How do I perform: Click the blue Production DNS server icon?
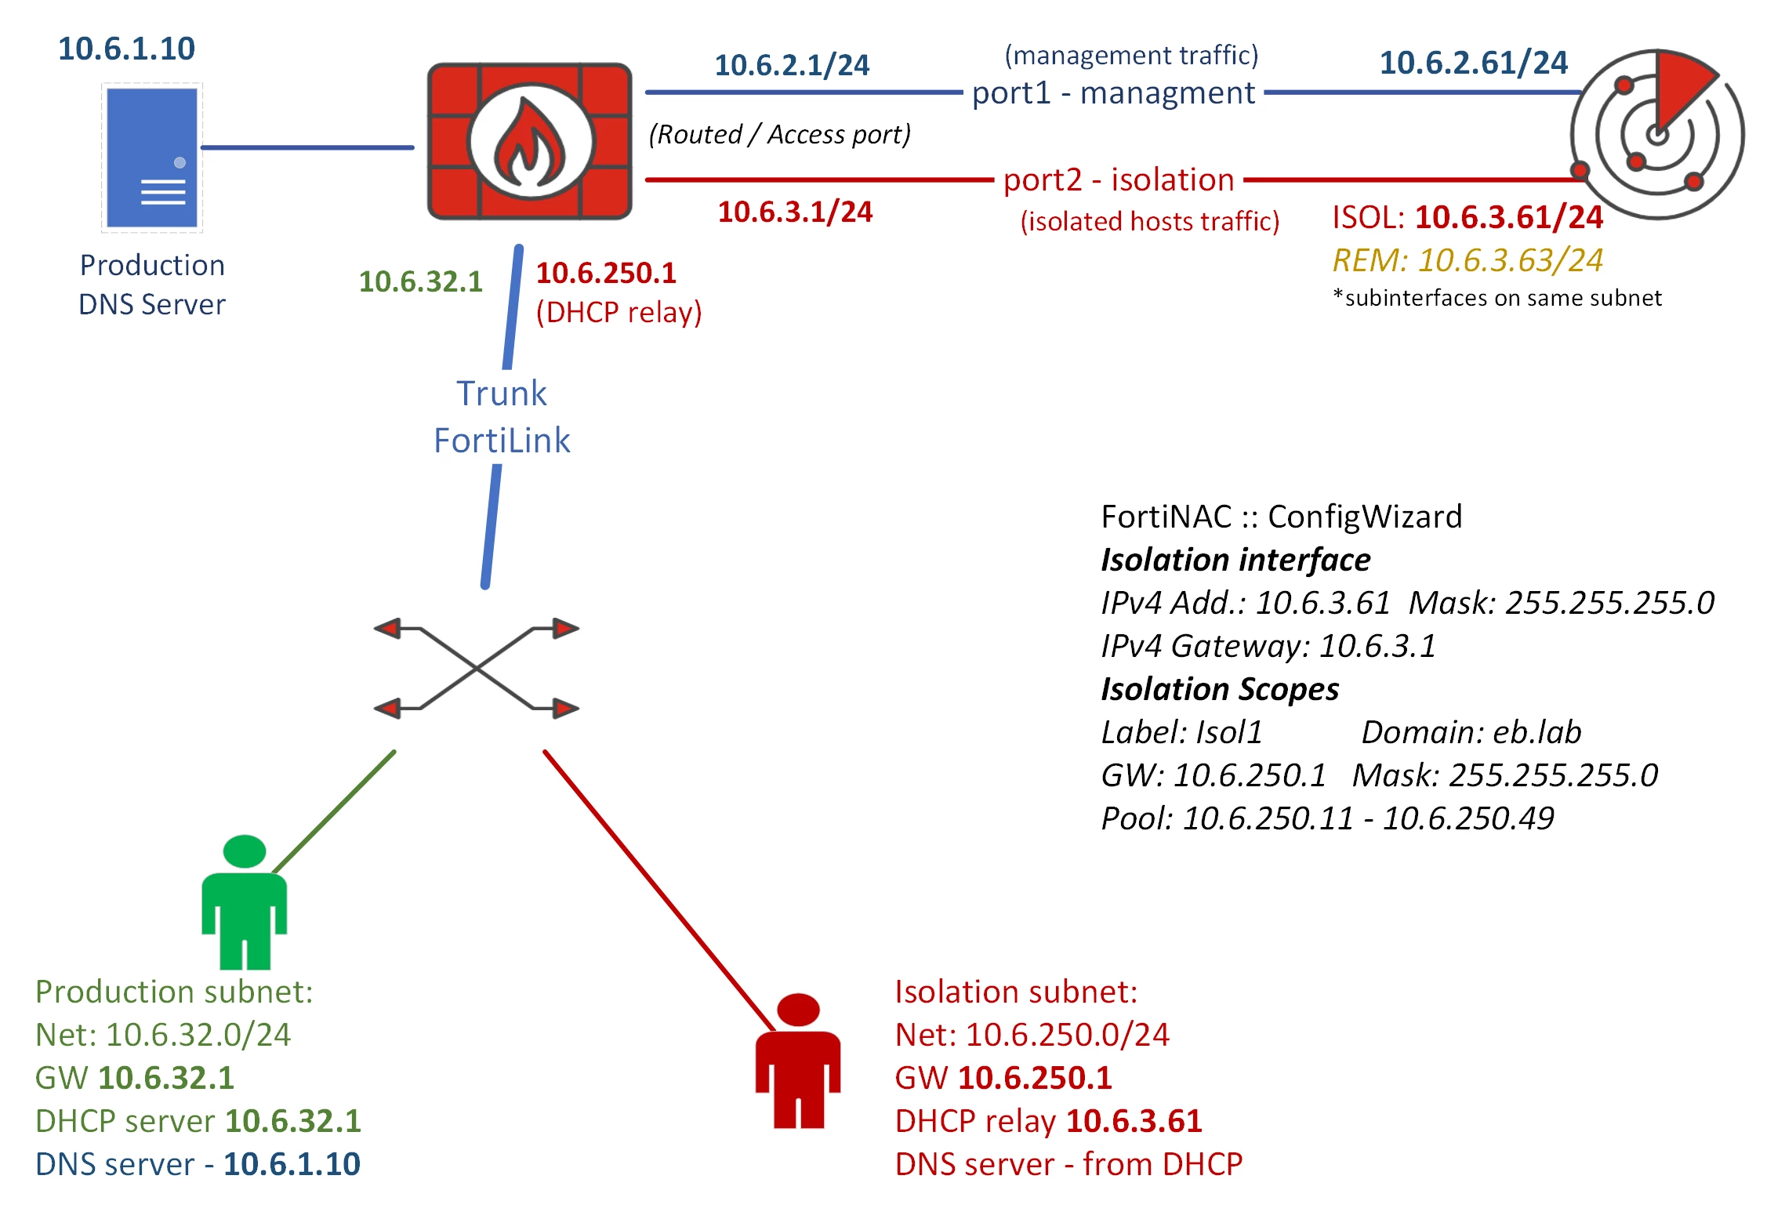tap(152, 158)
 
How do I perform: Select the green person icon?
tap(245, 902)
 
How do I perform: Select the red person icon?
tap(798, 1061)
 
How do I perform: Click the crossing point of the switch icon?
tap(477, 668)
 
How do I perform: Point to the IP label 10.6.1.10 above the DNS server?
tap(126, 49)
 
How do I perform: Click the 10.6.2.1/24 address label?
tap(792, 65)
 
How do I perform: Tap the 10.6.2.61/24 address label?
tap(1474, 63)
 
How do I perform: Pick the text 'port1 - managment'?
tap(1113, 93)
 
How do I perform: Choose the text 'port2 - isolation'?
tap(1119, 180)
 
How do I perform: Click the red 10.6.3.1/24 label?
tap(795, 212)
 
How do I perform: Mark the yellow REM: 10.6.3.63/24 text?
tap(1467, 260)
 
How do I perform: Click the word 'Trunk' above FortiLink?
tap(502, 394)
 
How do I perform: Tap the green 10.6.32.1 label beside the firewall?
tap(421, 281)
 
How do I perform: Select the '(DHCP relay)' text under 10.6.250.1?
tap(619, 313)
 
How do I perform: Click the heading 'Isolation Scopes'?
tap(1220, 689)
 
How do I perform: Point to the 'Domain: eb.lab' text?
tap(1471, 732)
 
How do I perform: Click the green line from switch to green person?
tap(334, 812)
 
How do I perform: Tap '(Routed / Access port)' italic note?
tap(780, 135)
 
